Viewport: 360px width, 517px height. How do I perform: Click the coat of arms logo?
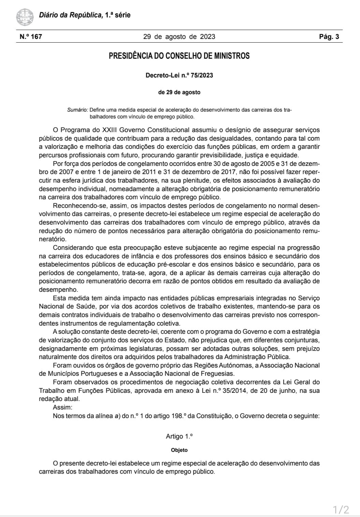point(25,16)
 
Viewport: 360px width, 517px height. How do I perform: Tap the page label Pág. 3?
point(329,37)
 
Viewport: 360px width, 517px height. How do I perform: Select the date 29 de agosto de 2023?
point(179,37)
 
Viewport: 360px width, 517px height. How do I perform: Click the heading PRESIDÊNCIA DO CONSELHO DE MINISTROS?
point(179,56)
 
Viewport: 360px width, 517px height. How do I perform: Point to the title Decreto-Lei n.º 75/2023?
point(179,75)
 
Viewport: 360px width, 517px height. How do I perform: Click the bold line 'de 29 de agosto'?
point(179,92)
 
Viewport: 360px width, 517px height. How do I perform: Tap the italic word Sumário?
point(77,110)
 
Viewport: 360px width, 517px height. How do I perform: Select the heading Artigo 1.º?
point(179,436)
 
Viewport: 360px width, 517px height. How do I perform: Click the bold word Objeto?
point(179,450)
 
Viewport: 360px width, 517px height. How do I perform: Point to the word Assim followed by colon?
point(62,407)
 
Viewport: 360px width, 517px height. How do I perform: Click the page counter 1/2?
point(341,510)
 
